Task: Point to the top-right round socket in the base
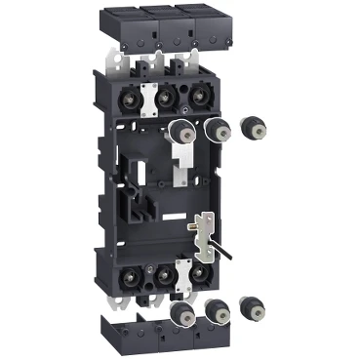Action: (199, 98)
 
